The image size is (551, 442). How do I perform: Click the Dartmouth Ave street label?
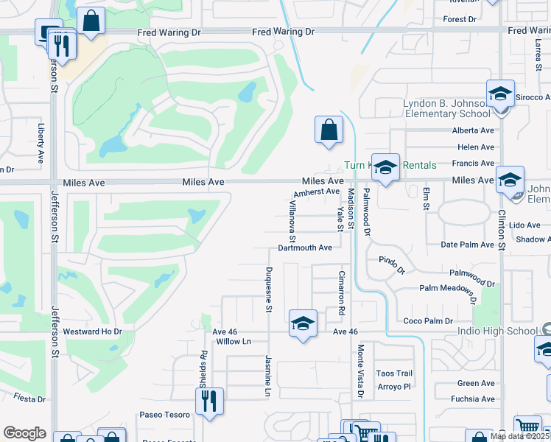pyautogui.click(x=305, y=248)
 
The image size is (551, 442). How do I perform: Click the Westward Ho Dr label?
pyautogui.click(x=92, y=331)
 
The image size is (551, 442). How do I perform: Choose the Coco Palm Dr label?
pyautogui.click(x=428, y=321)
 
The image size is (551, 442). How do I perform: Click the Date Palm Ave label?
pyautogui.click(x=466, y=245)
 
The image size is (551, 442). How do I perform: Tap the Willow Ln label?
pyautogui.click(x=234, y=342)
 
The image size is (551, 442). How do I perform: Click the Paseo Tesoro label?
pyautogui.click(x=166, y=415)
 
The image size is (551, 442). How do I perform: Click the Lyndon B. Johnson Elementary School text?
pyautogui.click(x=446, y=108)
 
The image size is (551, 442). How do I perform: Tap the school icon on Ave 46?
pyautogui.click(x=302, y=323)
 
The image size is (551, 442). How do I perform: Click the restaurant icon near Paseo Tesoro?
pyautogui.click(x=209, y=401)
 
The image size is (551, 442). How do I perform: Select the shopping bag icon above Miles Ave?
pyautogui.click(x=329, y=130)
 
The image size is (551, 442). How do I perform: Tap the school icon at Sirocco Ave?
pyautogui.click(x=500, y=94)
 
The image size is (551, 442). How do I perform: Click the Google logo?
pyautogui.click(x=25, y=433)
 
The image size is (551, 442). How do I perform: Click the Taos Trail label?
pyautogui.click(x=394, y=373)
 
